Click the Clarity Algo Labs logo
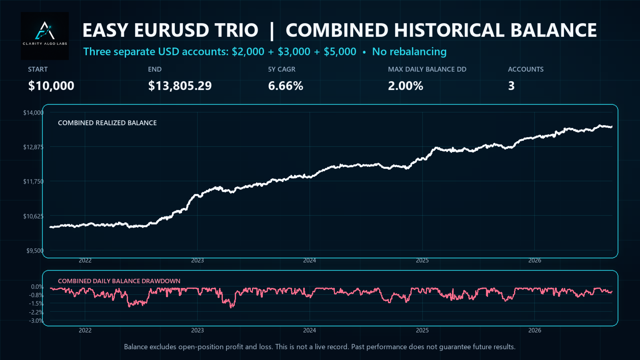pyautogui.click(x=45, y=36)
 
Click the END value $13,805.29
pyautogui.click(x=180, y=86)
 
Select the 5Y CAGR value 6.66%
pyautogui.click(x=286, y=86)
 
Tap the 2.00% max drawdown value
pyautogui.click(x=406, y=86)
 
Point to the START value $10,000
pyautogui.click(x=51, y=86)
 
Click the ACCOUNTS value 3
pyautogui.click(x=511, y=86)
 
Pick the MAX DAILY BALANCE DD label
pyautogui.click(x=427, y=69)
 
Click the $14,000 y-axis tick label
pyautogui.click(x=34, y=112)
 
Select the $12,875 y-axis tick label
pyautogui.click(x=34, y=147)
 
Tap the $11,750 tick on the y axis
pyautogui.click(x=34, y=182)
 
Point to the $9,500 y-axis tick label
pyautogui.click(x=35, y=250)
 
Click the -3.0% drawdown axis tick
pyautogui.click(x=36, y=320)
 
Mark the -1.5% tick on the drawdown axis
pyautogui.click(x=36, y=304)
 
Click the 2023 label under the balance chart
pyautogui.click(x=198, y=260)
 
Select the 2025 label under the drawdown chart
pyautogui.click(x=422, y=330)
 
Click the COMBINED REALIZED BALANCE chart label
pyautogui.click(x=107, y=123)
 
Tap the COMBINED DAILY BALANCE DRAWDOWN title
pyautogui.click(x=119, y=281)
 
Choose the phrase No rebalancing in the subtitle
pyautogui.click(x=409, y=52)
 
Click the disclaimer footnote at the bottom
pyautogui.click(x=320, y=347)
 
